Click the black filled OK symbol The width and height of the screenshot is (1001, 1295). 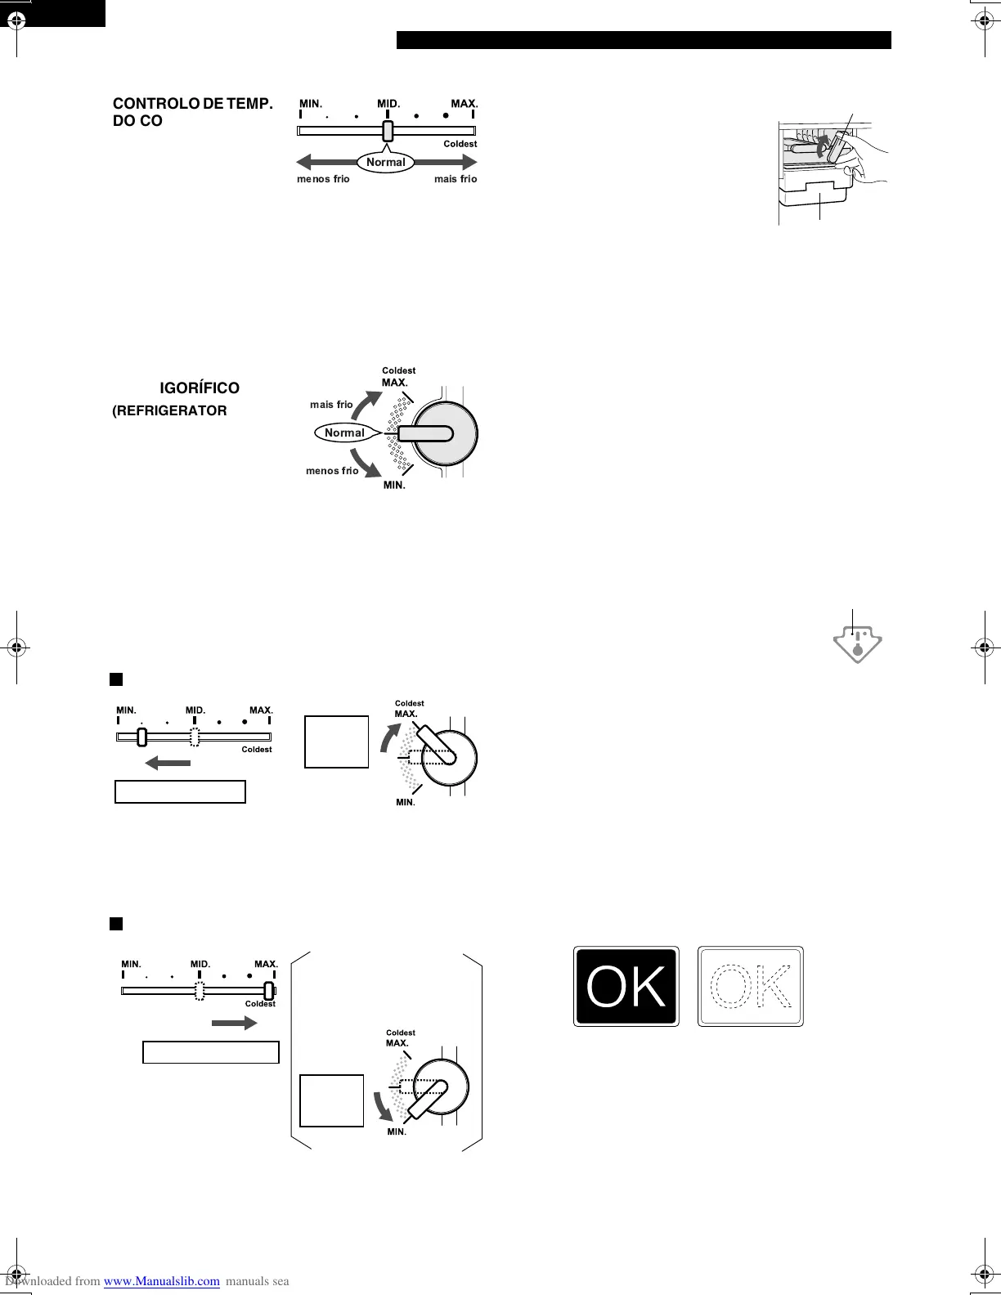click(626, 987)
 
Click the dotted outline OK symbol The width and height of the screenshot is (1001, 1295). click(751, 987)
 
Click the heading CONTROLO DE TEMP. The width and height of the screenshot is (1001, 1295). click(192, 104)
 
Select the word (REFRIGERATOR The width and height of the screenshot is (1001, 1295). click(169, 410)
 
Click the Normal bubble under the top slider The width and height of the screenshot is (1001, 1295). click(385, 162)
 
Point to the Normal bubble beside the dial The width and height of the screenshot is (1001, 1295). click(344, 432)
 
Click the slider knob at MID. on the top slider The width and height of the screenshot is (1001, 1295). click(388, 131)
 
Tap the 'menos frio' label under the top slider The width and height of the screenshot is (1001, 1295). click(323, 179)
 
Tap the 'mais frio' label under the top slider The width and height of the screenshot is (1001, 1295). click(456, 179)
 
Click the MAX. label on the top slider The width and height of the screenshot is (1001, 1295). click(465, 104)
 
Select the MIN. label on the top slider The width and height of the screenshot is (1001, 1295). click(311, 104)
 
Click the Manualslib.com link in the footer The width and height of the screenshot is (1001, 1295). click(161, 1281)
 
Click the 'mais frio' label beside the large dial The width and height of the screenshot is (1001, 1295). click(331, 404)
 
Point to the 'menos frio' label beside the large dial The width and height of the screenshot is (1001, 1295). click(332, 471)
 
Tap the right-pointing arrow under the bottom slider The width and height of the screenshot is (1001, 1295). click(235, 1023)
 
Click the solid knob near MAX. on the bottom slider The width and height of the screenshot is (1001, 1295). click(268, 990)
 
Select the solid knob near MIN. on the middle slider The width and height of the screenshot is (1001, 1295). click(141, 737)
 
